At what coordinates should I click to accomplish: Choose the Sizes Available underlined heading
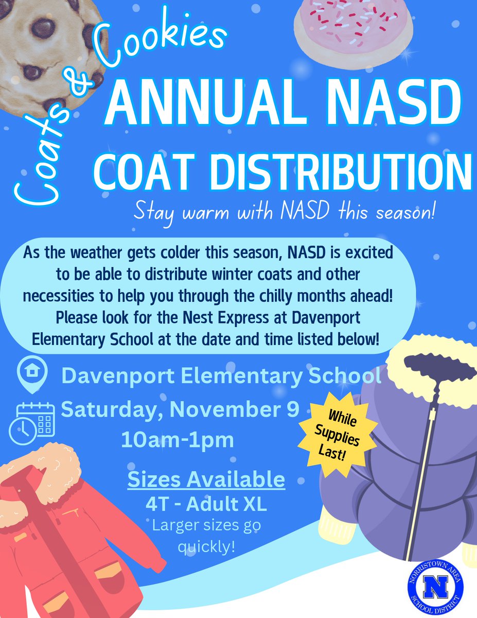(x=206, y=479)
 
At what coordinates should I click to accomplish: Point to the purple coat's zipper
(x=427, y=453)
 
